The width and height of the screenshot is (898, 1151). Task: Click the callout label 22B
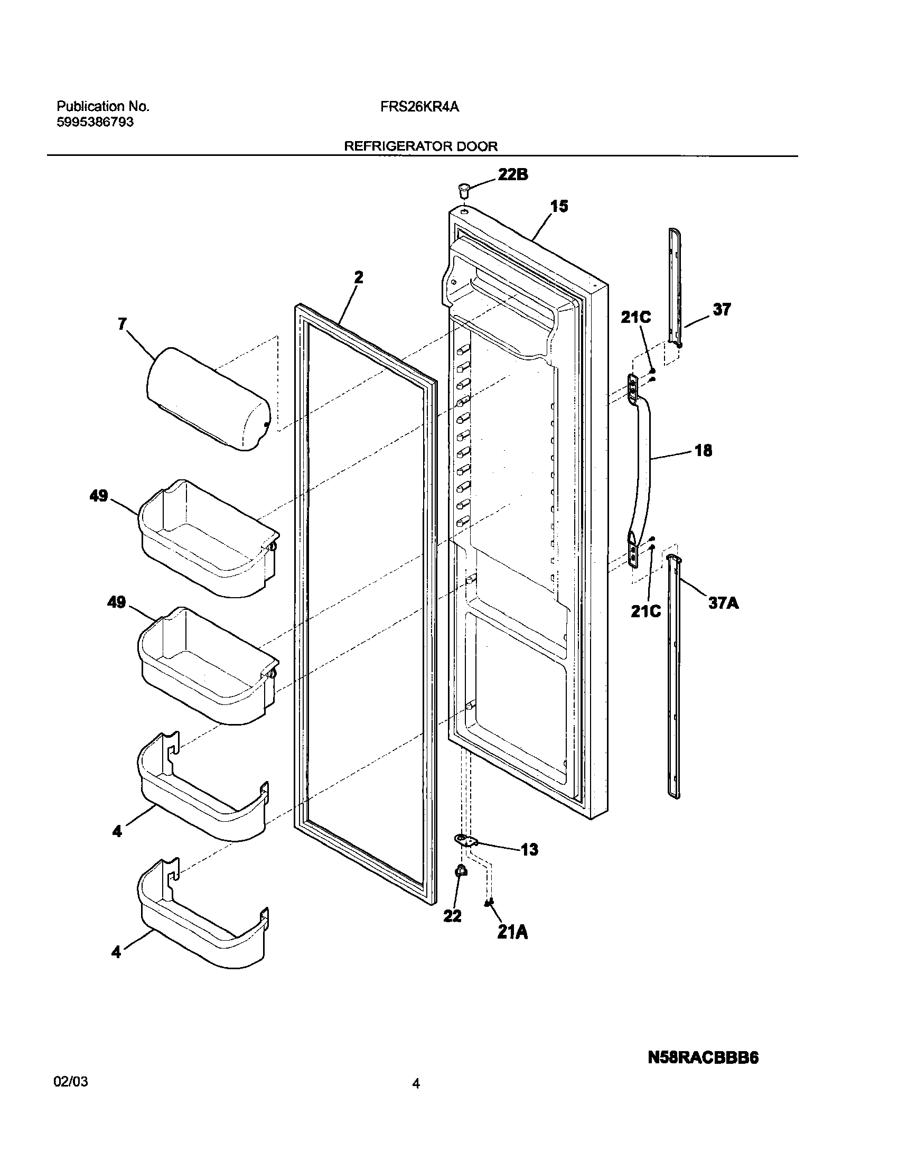pos(512,175)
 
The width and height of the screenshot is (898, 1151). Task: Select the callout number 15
pos(559,207)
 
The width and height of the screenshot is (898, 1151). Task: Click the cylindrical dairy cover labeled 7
pos(208,400)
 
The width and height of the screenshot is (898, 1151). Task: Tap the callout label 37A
pos(723,602)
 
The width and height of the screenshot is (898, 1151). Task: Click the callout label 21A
pos(512,933)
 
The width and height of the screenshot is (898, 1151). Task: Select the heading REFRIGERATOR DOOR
pos(420,146)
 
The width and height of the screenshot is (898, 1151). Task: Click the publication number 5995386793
pos(95,123)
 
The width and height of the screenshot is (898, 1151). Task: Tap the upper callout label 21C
pos(635,318)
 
